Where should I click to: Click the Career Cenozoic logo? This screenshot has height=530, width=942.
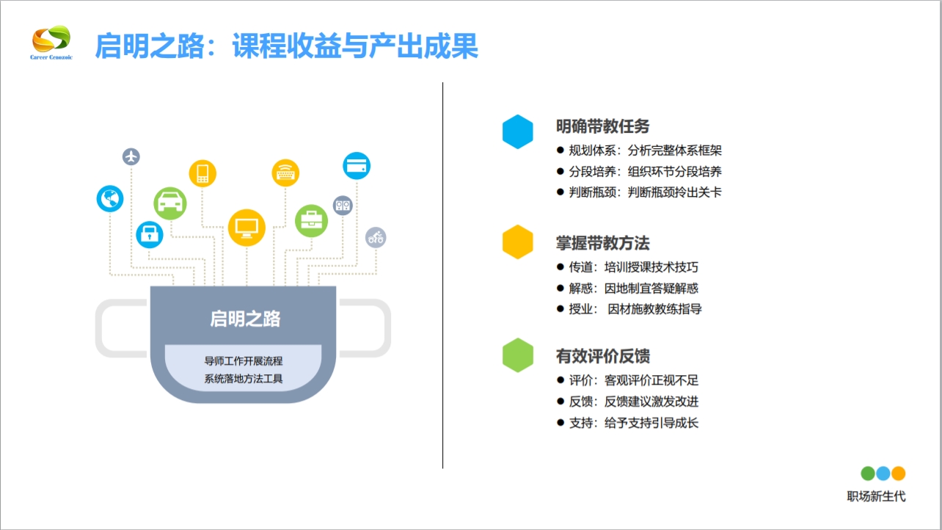coord(51,43)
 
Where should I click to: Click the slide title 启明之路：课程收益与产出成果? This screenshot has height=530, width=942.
coord(286,46)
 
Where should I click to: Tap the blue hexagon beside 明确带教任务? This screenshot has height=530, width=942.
coord(517,132)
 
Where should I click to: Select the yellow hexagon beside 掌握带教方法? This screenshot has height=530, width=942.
coord(517,242)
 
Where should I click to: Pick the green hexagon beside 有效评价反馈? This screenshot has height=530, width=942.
coord(517,355)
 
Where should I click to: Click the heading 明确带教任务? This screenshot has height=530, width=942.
coord(602,126)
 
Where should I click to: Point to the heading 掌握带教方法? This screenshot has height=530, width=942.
coord(602,243)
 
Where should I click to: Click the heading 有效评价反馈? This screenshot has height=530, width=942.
coord(602,356)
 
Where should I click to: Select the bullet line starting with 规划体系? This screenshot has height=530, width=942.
coord(639,150)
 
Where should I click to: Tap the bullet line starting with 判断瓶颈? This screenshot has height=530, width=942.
coord(639,192)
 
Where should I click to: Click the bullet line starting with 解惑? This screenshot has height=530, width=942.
coord(627,288)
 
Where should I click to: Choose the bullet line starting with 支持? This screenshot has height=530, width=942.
coord(627,423)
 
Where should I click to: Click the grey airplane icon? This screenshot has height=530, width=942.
coord(131,156)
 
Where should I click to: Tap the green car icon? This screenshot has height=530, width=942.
coord(170,202)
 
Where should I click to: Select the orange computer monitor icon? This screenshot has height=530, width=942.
coord(246,227)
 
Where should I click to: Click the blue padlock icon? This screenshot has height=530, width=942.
coord(150,235)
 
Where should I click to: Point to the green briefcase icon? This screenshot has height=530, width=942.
coord(311,220)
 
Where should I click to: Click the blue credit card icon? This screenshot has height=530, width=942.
coord(357,165)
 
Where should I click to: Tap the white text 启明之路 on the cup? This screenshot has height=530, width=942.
coord(245,319)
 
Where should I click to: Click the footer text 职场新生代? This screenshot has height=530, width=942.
coord(876,496)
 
